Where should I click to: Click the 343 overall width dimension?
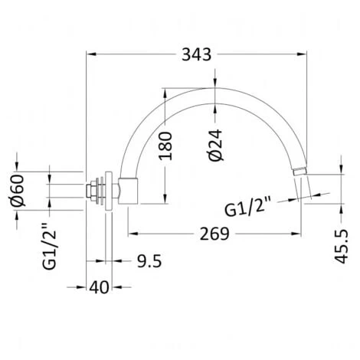tap(197, 54)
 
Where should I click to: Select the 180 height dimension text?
tap(165, 146)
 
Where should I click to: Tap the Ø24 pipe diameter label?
tap(215, 145)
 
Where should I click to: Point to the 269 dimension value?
tap(214, 234)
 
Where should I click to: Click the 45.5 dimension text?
tap(342, 246)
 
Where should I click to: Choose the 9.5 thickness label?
tap(149, 261)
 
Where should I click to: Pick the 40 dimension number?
tap(99, 287)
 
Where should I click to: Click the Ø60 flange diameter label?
tap(18, 191)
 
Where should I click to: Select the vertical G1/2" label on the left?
tap(49, 247)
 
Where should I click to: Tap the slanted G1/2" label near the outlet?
tap(247, 206)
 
